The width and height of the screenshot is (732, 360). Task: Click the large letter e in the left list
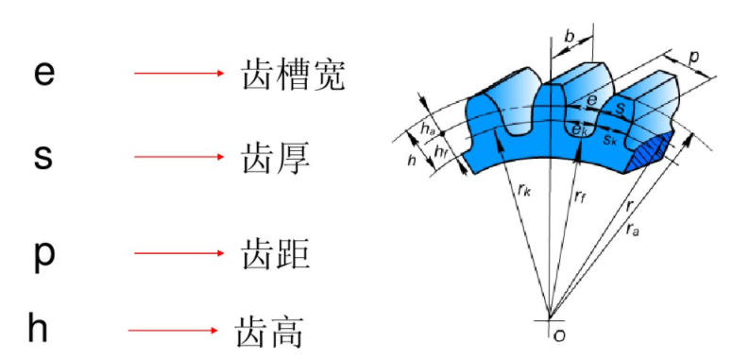(x=43, y=74)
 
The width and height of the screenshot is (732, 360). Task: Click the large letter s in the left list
(x=43, y=157)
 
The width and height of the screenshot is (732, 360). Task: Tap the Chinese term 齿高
(x=269, y=330)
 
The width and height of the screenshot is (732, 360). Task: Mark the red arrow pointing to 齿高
(x=172, y=330)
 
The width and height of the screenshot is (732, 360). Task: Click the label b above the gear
(x=569, y=36)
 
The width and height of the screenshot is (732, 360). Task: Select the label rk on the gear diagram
(x=525, y=189)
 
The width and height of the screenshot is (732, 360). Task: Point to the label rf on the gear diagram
(x=582, y=198)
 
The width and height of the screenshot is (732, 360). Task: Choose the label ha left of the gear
(x=429, y=129)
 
